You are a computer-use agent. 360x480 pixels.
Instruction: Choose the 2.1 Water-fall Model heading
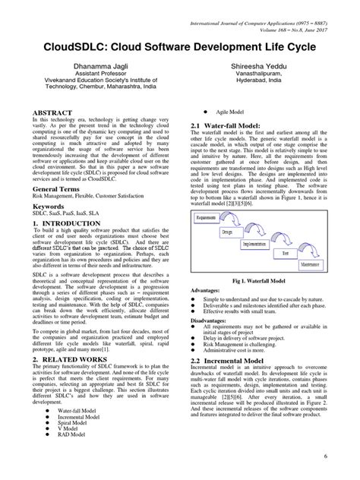click(x=231, y=125)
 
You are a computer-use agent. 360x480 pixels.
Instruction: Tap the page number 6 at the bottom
click(x=346, y=456)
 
